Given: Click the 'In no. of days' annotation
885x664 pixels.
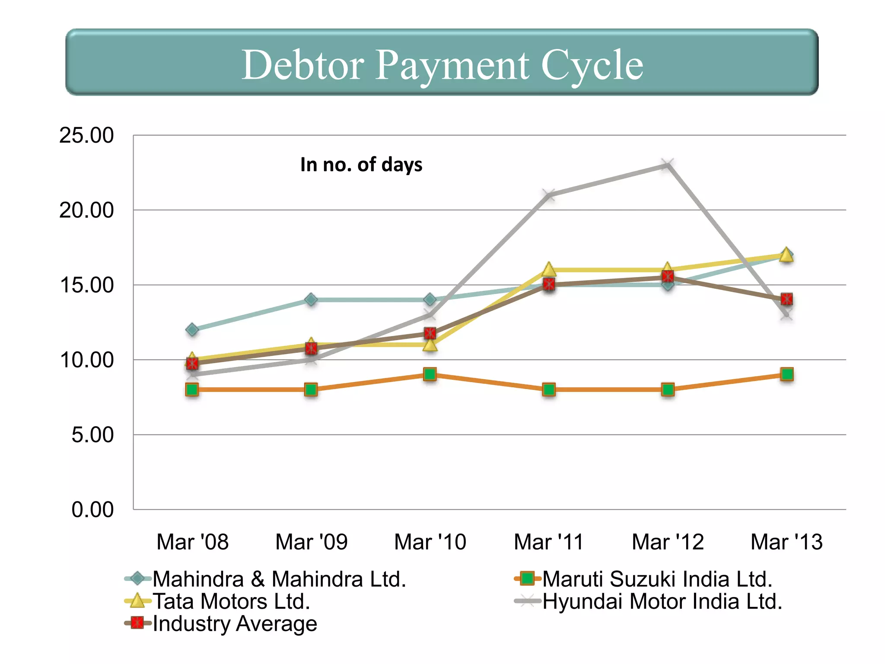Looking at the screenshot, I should [x=361, y=165].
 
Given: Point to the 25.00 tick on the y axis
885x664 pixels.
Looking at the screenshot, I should [x=86, y=135].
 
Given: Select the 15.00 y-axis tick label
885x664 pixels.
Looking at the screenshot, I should [x=86, y=285].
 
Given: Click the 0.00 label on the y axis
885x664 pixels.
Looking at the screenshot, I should [x=92, y=510].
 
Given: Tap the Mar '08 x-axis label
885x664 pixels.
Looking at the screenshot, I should [x=192, y=542].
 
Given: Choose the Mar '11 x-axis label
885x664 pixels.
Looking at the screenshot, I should [x=549, y=542].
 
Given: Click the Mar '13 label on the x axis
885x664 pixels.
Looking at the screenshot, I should [x=786, y=542].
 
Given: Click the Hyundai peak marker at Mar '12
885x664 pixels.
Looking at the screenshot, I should [x=668, y=165].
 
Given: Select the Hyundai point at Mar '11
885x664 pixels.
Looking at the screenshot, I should [x=549, y=195].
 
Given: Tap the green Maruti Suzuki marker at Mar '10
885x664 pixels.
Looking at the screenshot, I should [x=430, y=374].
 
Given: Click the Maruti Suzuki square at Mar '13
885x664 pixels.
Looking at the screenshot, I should [x=787, y=374].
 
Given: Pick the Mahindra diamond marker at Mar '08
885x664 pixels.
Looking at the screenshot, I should [x=192, y=330].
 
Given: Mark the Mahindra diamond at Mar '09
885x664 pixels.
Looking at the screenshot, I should [x=311, y=300].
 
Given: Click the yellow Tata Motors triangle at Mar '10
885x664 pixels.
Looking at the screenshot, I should [x=430, y=345].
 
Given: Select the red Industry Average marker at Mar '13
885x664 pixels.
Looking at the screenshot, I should [x=787, y=299].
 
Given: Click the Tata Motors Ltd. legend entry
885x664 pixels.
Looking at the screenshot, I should [x=231, y=601].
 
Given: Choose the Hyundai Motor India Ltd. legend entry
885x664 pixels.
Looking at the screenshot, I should [x=662, y=601].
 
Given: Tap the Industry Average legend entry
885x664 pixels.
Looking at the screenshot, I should [x=235, y=623].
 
